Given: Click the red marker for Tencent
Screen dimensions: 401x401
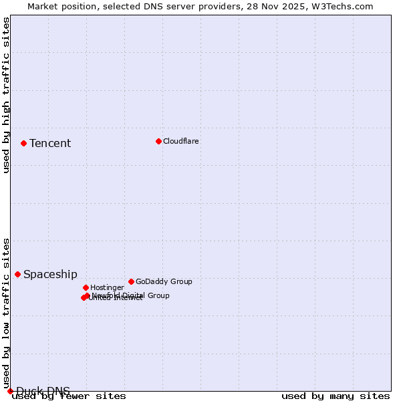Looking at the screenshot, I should [x=23, y=143].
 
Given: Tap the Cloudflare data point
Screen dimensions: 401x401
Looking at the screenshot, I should [x=158, y=141].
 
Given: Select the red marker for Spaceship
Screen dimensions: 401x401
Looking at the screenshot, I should [x=17, y=274].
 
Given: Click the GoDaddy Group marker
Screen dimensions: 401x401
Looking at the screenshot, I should [x=131, y=281].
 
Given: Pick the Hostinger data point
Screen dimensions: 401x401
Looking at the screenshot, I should [x=86, y=287].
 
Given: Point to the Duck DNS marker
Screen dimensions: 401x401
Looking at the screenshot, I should [x=10, y=391].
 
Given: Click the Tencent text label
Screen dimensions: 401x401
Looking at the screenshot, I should [x=50, y=143].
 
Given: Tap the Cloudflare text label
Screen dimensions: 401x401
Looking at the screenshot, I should [x=180, y=141].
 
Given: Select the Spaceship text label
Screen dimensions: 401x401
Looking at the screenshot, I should [x=50, y=274].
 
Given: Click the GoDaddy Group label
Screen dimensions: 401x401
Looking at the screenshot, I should [x=164, y=281].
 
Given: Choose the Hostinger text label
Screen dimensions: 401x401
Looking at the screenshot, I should [x=107, y=287].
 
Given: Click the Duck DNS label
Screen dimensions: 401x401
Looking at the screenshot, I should [x=43, y=391].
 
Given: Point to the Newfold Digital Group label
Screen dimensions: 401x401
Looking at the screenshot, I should [x=131, y=295].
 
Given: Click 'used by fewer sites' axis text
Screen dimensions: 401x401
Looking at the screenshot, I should [x=69, y=396].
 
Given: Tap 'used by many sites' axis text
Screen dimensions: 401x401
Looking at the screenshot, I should [x=336, y=396].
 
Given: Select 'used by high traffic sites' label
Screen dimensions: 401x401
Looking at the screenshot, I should [x=6, y=96].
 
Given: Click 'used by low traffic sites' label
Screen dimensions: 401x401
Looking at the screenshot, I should [x=6, y=313].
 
